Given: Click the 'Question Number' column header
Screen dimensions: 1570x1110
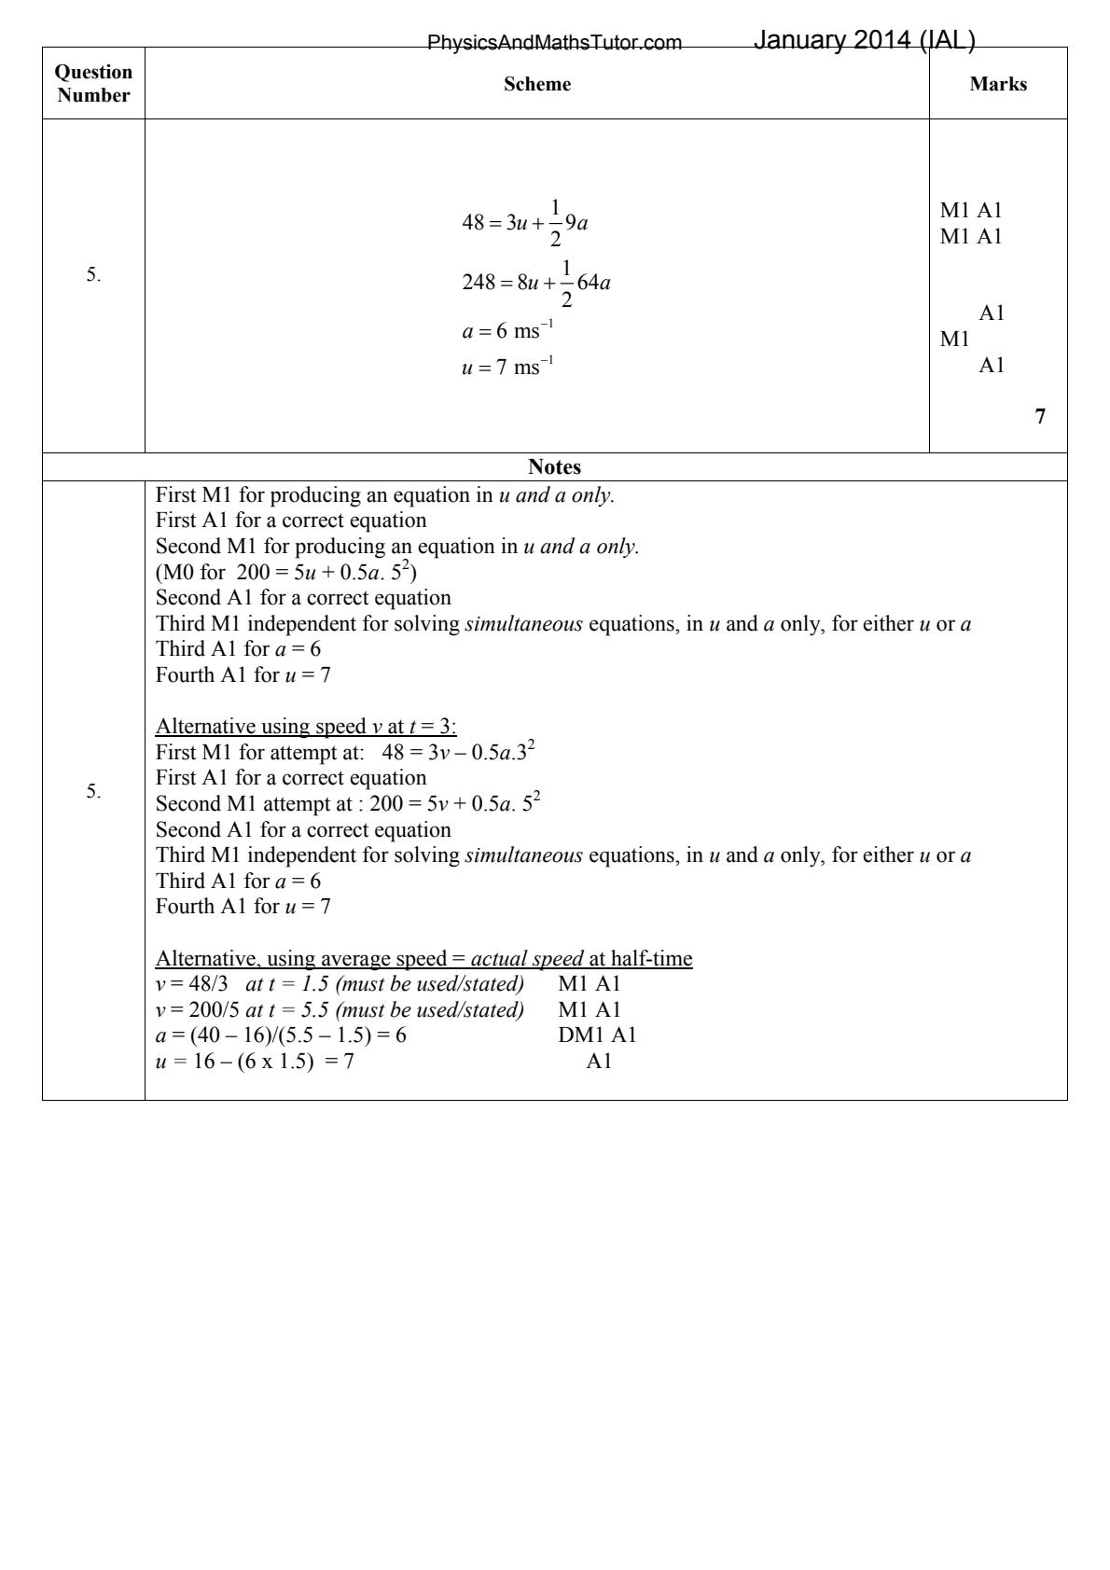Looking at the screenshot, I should [x=93, y=84].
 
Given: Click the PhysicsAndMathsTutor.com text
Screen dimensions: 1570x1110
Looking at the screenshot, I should [x=554, y=43].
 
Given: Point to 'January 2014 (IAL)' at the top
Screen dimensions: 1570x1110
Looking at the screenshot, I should [x=864, y=40].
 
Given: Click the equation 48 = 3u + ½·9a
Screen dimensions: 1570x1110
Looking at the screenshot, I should [x=525, y=224].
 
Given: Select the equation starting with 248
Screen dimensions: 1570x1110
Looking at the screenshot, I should [x=536, y=283].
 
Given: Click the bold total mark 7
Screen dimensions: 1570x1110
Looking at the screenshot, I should [x=1040, y=417].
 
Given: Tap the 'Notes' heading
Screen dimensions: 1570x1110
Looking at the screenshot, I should [x=554, y=467].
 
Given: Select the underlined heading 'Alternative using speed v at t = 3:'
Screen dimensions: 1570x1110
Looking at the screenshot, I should [x=306, y=727].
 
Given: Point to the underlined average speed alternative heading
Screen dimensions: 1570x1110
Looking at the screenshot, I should [x=423, y=959].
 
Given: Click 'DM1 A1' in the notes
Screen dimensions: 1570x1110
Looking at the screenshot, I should [x=597, y=1035].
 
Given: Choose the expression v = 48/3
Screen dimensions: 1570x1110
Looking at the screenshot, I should [x=191, y=983].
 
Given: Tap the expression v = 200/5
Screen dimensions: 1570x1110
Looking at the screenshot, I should [x=197, y=1009].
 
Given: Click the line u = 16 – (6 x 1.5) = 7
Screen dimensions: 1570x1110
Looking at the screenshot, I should [x=255, y=1062].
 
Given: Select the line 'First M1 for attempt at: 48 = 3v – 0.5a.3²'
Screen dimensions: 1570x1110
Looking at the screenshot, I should [x=345, y=752].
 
